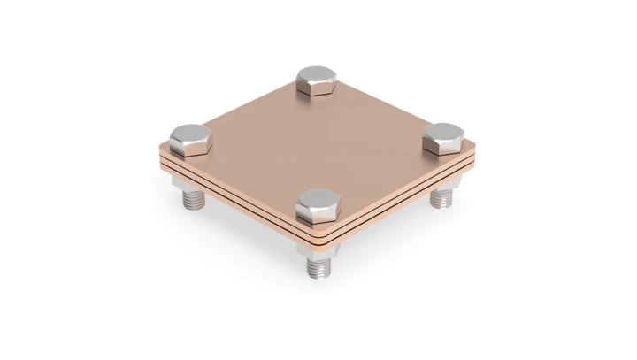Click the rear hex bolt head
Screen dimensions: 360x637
tap(316, 80)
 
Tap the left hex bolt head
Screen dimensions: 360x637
tap(189, 142)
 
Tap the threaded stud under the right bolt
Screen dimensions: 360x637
tap(441, 198)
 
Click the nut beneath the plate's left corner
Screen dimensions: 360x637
tap(187, 185)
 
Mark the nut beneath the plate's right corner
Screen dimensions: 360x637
tap(441, 184)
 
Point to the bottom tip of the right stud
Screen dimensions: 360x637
tap(441, 207)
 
